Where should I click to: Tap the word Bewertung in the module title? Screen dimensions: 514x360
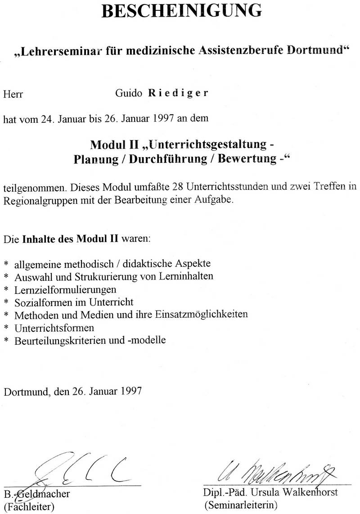247,159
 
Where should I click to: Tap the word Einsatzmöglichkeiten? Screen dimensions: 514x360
202,314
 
